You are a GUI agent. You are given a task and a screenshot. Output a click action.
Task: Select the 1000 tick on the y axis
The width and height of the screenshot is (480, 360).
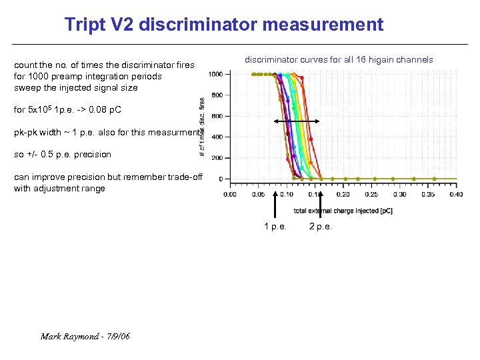pos(215,74)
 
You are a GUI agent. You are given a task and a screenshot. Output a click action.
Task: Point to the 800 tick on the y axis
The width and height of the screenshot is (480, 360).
pos(216,95)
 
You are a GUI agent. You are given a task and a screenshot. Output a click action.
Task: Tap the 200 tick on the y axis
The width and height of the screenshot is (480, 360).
pos(216,158)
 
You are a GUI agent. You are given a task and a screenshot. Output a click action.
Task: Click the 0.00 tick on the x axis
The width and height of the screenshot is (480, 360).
pos(229,194)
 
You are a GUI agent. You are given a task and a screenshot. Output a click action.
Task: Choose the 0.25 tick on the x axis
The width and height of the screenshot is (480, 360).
pos(371,194)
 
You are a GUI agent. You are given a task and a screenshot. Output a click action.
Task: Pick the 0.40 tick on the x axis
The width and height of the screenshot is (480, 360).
pos(456,194)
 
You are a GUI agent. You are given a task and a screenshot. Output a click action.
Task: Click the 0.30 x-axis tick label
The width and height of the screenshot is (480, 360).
pos(399,194)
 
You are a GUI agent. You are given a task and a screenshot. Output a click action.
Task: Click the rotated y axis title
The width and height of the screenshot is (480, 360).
pos(203,127)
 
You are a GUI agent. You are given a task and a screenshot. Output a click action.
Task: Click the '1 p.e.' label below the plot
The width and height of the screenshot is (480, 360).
pos(275,227)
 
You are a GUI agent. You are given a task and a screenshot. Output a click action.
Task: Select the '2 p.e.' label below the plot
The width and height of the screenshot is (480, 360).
pos(321,227)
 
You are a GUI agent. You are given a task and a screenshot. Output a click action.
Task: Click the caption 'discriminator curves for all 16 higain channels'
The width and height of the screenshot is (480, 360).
pos(339,60)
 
